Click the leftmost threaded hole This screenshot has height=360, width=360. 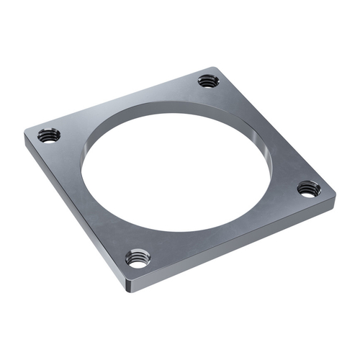point(48,135)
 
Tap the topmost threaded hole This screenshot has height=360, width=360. point(209,80)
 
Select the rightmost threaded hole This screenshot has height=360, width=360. point(309,189)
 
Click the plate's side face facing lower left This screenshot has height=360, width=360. point(72,215)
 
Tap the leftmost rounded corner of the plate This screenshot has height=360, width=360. point(27,138)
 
